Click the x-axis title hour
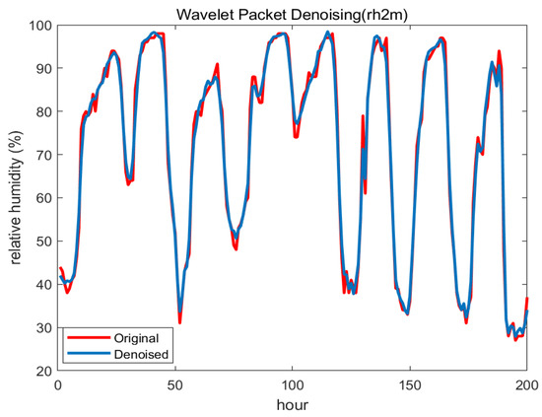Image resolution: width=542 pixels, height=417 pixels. tap(294, 405)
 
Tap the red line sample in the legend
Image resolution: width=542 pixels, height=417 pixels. tap(86, 337)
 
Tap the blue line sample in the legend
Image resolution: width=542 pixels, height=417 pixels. tap(86, 354)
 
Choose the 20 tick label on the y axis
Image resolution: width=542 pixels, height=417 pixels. tap(43, 371)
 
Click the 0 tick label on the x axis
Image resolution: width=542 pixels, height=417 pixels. tap(58, 384)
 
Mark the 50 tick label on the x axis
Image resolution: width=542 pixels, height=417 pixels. tap(175, 384)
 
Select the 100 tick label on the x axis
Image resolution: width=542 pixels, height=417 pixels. tap(293, 384)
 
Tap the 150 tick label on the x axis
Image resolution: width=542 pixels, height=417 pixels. tap(410, 384)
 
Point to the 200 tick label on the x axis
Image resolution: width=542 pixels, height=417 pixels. tap(527, 384)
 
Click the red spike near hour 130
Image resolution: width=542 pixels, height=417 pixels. tap(363, 117)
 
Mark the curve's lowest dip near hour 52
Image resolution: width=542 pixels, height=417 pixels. tap(179, 320)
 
